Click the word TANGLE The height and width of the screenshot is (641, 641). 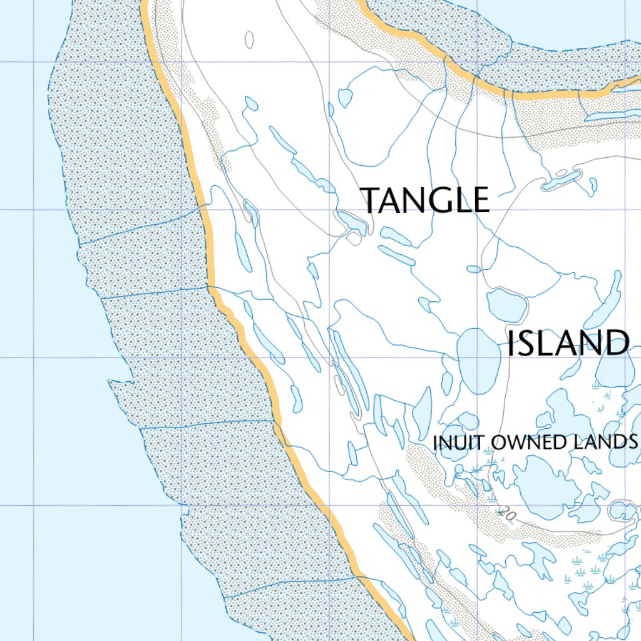click(426, 200)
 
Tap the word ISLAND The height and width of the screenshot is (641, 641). click(568, 344)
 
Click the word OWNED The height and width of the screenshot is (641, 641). click(529, 442)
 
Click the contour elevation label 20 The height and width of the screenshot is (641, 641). click(508, 515)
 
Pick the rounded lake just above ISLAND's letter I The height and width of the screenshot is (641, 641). click(507, 305)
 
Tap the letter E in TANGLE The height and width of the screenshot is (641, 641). click(480, 200)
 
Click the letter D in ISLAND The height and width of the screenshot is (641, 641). click(617, 344)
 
